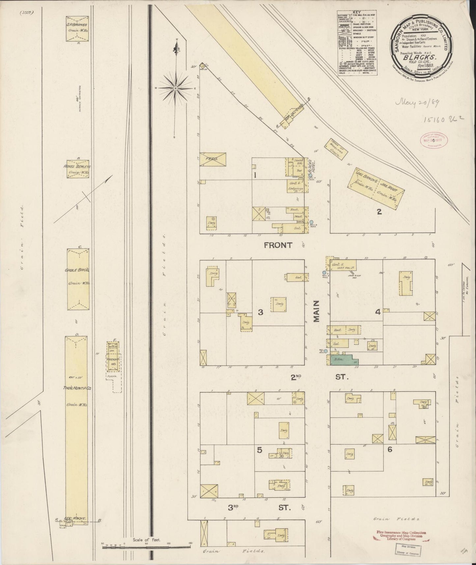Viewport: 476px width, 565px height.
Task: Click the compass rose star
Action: [176, 88]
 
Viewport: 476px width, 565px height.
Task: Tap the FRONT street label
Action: [277, 245]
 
